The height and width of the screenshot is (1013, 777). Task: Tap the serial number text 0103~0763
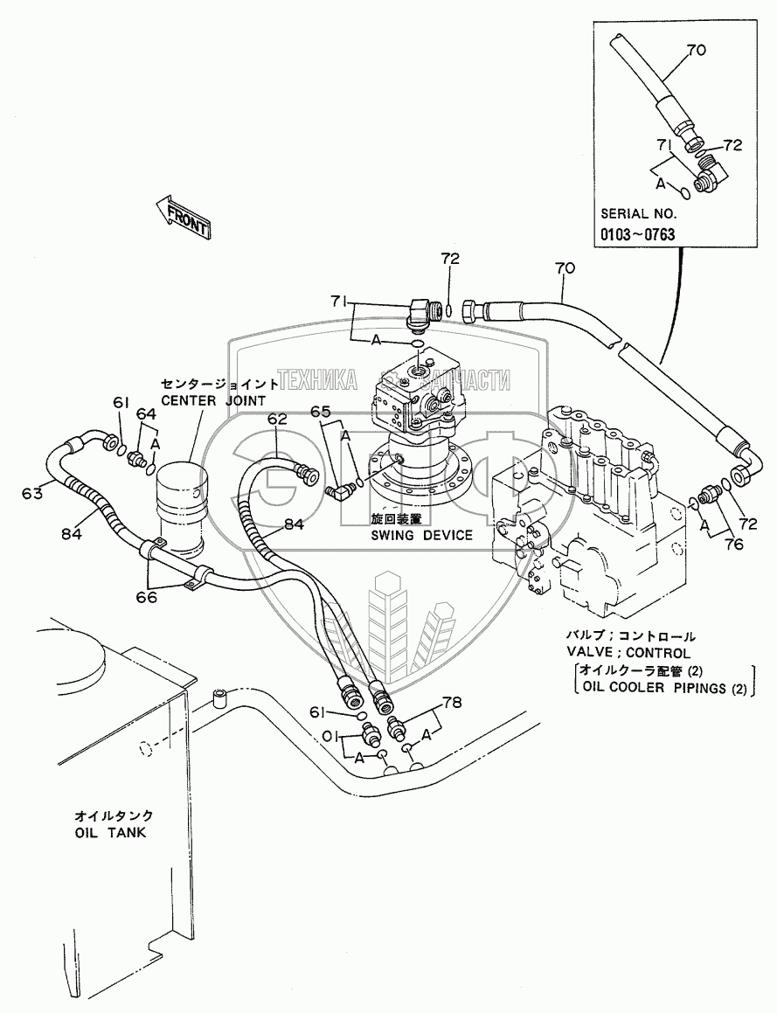637,234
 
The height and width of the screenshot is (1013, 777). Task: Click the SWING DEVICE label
421,535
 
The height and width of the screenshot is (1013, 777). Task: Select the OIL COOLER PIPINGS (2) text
661,686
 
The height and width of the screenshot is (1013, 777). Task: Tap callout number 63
32,493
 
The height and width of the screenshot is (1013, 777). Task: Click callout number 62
277,420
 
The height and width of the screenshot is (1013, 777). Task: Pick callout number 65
321,411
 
